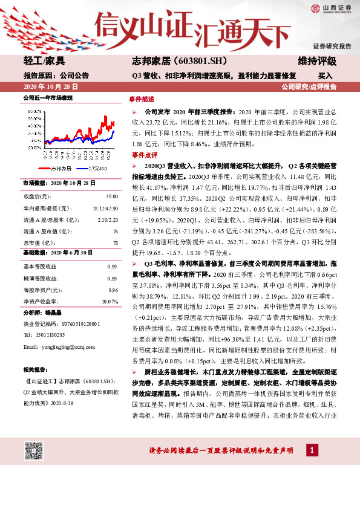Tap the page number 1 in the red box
click(x=311, y=450)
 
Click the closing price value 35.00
click(x=111, y=196)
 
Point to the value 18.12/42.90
click(x=104, y=208)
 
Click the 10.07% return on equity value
click(x=110, y=301)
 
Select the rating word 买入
click(x=326, y=76)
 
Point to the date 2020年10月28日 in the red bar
click(x=47, y=87)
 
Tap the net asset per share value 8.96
click(x=112, y=290)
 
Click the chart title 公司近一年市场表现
click(x=47, y=97)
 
